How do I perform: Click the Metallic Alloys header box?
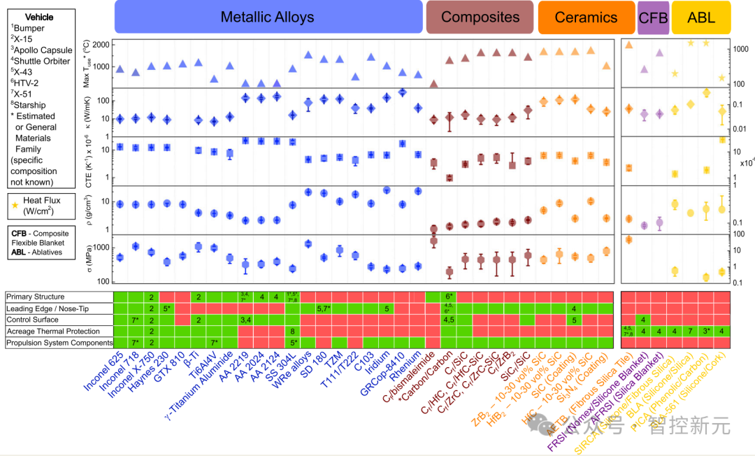tap(267, 17)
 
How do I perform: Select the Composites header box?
tap(480, 17)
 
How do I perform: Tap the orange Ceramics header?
tap(586, 17)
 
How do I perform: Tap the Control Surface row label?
tap(33, 320)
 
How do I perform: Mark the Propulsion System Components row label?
tap(59, 343)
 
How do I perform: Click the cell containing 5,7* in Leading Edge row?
tap(324, 308)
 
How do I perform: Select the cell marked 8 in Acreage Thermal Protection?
tap(292, 331)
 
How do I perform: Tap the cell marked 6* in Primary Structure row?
tap(450, 297)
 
